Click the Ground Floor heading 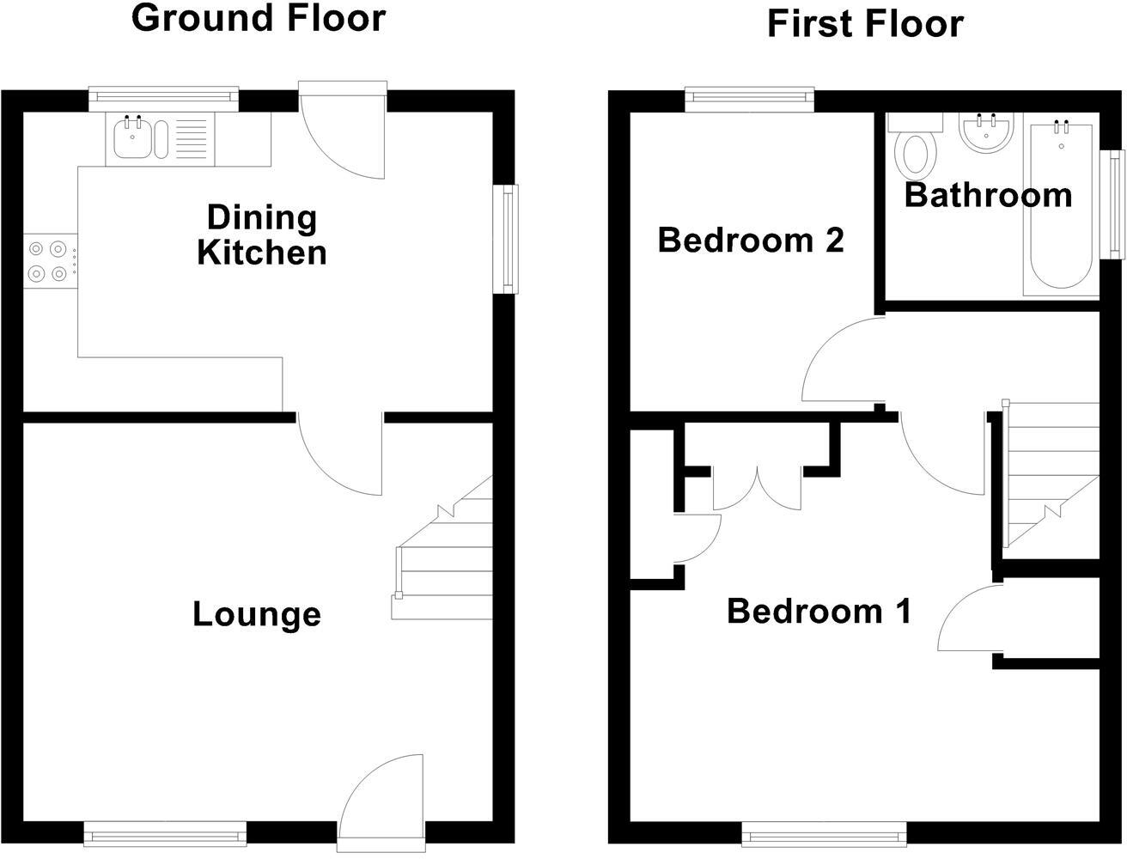click(259, 18)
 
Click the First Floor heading click(865, 24)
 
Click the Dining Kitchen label click(262, 235)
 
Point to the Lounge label click(256, 615)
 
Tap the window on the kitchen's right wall click(506, 240)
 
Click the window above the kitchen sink click(164, 99)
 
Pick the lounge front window click(165, 832)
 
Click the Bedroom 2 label click(751, 241)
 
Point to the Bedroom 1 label click(819, 612)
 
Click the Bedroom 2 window click(749, 100)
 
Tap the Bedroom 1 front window click(824, 832)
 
